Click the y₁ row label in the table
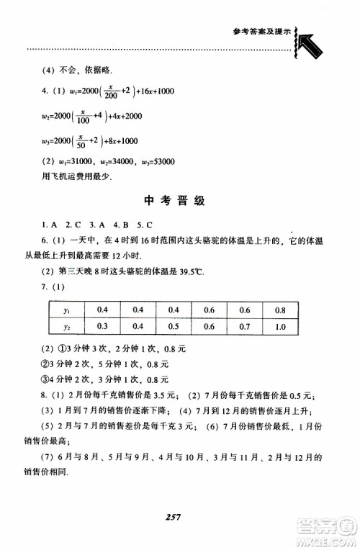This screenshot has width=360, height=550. click(66, 310)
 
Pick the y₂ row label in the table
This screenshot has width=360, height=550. click(66, 326)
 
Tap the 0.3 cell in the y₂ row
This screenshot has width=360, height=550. click(103, 326)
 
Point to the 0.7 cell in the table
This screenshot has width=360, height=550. click(262, 326)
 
